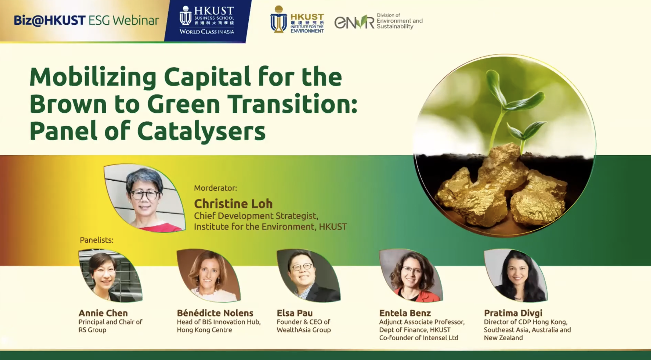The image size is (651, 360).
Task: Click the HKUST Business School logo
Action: click(207, 21)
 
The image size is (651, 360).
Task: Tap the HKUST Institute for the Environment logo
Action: click(297, 19)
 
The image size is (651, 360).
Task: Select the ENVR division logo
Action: click(378, 21)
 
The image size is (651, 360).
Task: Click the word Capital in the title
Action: click(207, 77)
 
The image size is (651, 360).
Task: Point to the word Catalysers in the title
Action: click(201, 131)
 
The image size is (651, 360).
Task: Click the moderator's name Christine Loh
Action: click(233, 204)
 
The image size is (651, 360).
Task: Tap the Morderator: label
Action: click(216, 188)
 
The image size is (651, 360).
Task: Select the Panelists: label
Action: click(96, 240)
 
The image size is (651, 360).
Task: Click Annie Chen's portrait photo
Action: click(110, 275)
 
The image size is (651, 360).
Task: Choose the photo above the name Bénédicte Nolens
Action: click(209, 275)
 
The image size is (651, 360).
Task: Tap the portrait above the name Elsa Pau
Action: click(309, 275)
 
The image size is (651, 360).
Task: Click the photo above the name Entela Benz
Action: click(411, 275)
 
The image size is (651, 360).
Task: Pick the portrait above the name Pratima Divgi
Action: click(516, 275)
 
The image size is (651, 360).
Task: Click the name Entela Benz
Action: click(405, 313)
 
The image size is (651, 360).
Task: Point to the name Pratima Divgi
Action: click(513, 313)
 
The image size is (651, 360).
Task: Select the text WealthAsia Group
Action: click(304, 330)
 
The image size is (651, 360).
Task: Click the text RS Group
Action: click(92, 330)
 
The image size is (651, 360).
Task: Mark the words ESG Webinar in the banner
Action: click(124, 20)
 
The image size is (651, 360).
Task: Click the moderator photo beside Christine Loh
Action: click(145, 198)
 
